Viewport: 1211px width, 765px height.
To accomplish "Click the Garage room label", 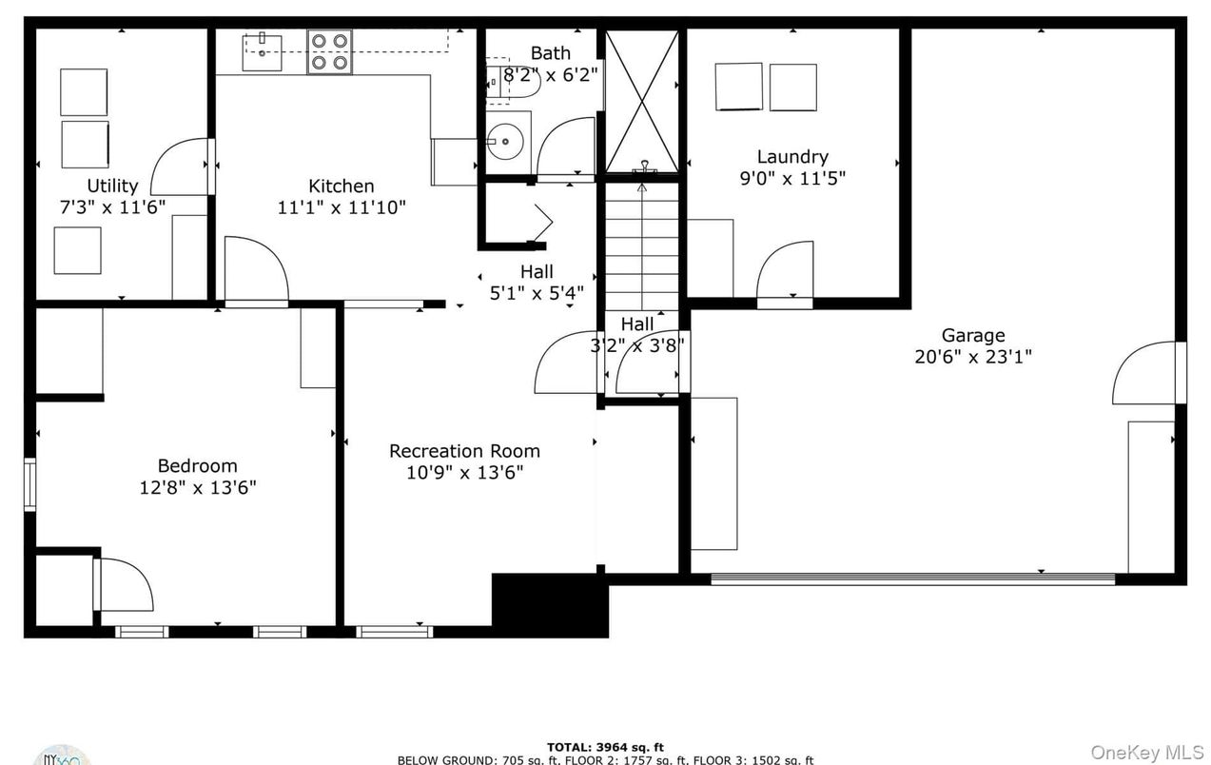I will click(x=972, y=335).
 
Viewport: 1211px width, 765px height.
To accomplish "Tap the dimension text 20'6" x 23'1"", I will click(x=972, y=357).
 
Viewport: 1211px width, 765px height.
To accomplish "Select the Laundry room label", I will click(x=791, y=157).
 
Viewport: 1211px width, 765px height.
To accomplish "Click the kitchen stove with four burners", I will click(x=329, y=52).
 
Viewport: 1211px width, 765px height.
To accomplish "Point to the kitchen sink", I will click(x=261, y=52).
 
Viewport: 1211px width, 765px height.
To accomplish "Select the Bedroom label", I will click(x=197, y=465).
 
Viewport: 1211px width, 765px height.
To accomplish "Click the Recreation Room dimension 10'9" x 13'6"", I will click(x=464, y=472).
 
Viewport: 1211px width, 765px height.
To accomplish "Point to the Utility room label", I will click(x=112, y=186).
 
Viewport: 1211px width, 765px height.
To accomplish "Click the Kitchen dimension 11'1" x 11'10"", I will click(x=342, y=206).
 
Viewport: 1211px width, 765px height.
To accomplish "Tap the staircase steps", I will click(x=642, y=243).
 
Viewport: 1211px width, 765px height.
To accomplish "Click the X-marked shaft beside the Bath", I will click(x=642, y=101).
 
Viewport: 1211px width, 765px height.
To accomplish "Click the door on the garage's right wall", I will click(x=1148, y=372).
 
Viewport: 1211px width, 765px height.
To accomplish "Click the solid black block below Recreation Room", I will click(x=549, y=605).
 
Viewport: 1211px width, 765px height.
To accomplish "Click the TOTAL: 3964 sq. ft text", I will click(x=605, y=747).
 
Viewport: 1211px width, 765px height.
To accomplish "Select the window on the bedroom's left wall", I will click(x=30, y=484).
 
